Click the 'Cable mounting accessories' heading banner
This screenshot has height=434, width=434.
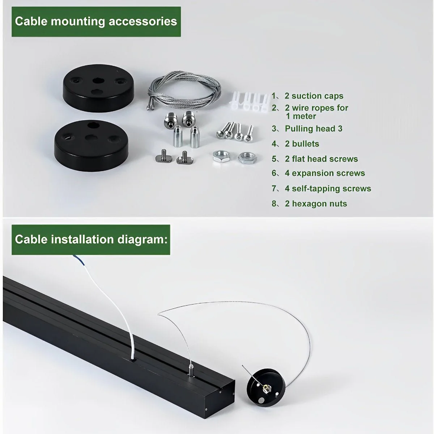pos(96,21)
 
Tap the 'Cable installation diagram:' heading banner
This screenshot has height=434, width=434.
pos(91,239)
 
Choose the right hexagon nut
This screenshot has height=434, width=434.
pos(247,157)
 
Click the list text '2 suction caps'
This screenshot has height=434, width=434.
pos(314,96)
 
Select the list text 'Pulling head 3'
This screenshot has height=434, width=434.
pos(313,129)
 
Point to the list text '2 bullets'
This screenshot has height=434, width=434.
pos(302,144)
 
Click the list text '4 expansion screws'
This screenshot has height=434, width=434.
pos(324,173)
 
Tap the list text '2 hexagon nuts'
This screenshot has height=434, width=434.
pos(315,204)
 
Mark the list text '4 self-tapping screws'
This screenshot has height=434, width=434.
pos(328,188)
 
